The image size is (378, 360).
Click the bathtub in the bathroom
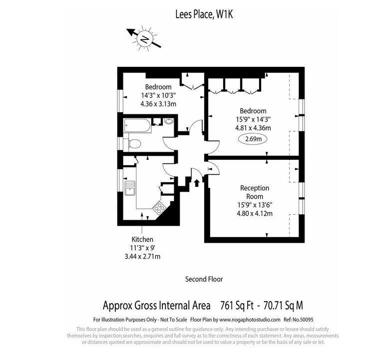coord(137,125)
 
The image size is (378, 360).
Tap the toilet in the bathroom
coord(134,144)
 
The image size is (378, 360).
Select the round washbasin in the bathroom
coord(169,121)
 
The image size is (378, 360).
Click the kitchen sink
coord(129,188)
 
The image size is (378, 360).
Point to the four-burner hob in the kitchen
coord(159,207)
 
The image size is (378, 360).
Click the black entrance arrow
coord(197,183)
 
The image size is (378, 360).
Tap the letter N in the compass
coord(144,39)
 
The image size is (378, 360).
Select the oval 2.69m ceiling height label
coord(253,139)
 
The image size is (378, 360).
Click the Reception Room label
coord(255,192)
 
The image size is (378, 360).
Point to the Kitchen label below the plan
coord(142,240)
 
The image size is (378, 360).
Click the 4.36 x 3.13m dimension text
coord(158,104)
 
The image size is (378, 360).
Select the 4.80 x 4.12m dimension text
coord(255,214)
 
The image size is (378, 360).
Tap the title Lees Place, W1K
coord(204,14)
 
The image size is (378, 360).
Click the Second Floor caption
coord(204,279)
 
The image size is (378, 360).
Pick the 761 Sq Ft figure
coord(237,306)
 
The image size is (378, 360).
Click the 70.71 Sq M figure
coord(283,306)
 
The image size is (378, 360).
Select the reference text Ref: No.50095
coord(299,320)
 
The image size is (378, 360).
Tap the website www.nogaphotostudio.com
coord(250,320)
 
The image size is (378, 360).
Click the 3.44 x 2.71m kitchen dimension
coord(142,257)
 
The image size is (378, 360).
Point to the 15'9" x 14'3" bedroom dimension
coord(253,119)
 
